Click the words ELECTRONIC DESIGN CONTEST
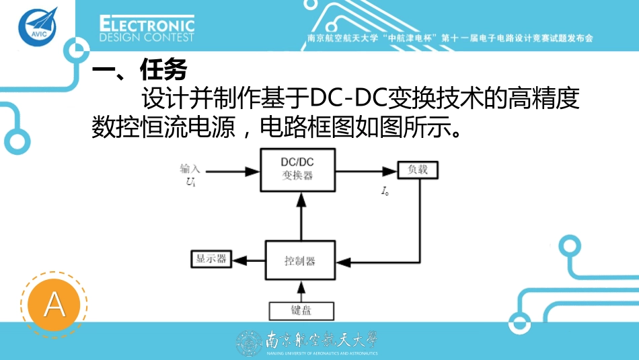click(x=147, y=29)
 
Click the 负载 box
click(x=417, y=170)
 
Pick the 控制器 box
click(x=299, y=260)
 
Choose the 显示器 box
click(x=211, y=259)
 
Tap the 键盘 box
click(x=301, y=310)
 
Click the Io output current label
click(x=385, y=192)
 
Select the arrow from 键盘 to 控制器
click(x=301, y=291)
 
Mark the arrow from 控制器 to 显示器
click(x=247, y=260)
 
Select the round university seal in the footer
click(x=249, y=343)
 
